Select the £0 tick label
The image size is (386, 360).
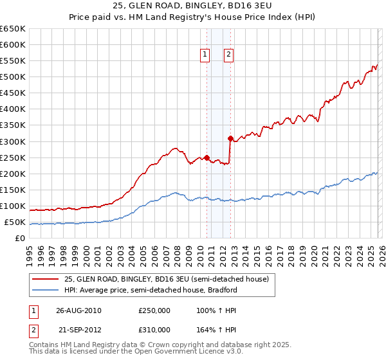[20, 239]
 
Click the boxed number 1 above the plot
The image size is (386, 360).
[205, 55]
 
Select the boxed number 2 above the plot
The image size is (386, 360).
[228, 55]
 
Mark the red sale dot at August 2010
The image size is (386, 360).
[207, 157]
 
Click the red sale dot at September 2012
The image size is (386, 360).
[230, 138]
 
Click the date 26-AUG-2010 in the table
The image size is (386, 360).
[78, 310]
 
